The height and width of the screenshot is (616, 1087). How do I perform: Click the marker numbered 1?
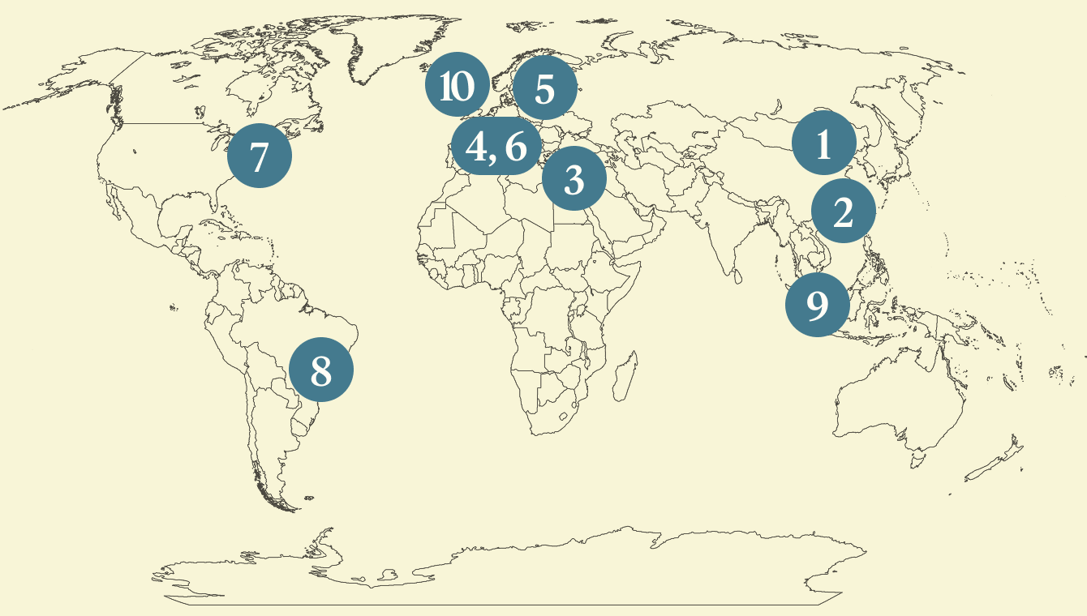[x=823, y=144]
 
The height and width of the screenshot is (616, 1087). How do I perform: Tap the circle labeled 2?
[x=843, y=212]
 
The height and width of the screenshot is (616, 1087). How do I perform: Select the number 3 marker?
[x=574, y=179]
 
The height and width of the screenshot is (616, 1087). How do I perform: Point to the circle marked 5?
[x=544, y=88]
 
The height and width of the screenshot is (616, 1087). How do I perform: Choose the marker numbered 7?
[x=259, y=156]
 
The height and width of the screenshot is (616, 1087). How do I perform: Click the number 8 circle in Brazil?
[x=321, y=370]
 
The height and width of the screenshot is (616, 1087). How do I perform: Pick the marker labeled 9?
[x=817, y=306]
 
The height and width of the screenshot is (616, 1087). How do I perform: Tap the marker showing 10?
[x=457, y=85]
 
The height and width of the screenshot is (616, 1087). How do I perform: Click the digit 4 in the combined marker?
[x=478, y=148]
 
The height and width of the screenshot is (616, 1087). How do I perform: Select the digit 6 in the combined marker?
[x=516, y=148]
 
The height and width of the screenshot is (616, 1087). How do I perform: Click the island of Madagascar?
[x=623, y=379]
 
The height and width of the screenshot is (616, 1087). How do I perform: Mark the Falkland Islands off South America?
[x=307, y=497]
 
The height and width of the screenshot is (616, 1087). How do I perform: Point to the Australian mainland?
[x=900, y=397]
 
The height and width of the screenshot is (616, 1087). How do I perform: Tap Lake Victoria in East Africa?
[x=581, y=309]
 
